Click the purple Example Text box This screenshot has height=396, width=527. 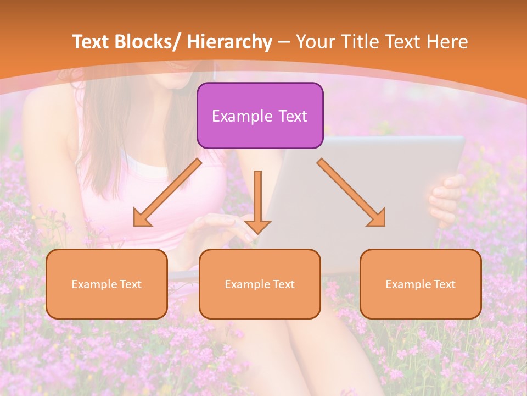click(260, 116)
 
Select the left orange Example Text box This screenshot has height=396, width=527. click(106, 284)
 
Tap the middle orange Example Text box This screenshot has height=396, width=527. click(260, 284)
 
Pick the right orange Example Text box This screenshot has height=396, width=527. click(421, 284)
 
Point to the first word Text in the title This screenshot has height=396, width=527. click(92, 42)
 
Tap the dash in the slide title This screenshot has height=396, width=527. click(284, 42)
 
